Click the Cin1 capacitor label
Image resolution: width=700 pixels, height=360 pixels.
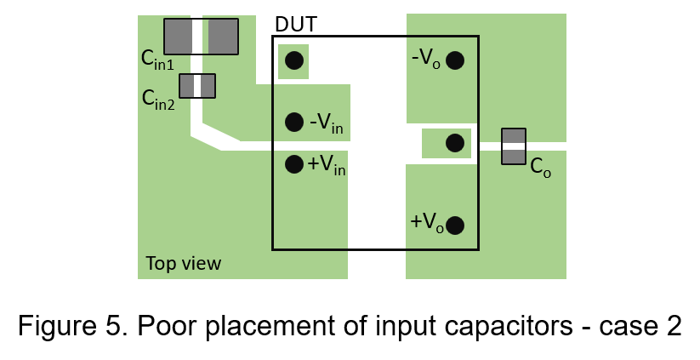pos(157,59)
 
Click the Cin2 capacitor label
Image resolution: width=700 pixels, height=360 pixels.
pos(158,100)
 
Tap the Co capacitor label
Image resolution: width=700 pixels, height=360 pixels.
pos(540,167)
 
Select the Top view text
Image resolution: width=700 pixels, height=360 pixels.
pos(183,263)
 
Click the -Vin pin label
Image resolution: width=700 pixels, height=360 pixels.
pos(327,123)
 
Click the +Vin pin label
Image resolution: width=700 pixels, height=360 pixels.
pos(327,164)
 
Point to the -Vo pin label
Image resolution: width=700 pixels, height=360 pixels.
pos(426,59)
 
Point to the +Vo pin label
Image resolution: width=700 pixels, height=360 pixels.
pos(426,223)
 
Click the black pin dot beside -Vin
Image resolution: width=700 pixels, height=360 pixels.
pos(294,122)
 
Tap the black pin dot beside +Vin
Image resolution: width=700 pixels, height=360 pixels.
pos(294,163)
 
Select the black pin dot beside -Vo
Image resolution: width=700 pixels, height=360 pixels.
pos(455,60)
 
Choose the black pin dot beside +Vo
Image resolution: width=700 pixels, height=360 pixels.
pos(455,226)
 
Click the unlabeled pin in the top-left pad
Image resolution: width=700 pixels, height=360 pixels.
pos(294,60)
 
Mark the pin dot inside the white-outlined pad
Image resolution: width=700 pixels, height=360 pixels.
pos(455,143)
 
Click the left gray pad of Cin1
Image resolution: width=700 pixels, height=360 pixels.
pos(178,37)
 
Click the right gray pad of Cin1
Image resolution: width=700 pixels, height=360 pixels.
pos(223,37)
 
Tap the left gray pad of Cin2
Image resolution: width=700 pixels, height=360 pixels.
pos(185,86)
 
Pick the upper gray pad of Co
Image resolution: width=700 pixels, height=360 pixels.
pos(514,135)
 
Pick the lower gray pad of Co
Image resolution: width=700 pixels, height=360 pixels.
pos(514,156)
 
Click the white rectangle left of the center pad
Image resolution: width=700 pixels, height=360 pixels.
pos(401,144)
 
